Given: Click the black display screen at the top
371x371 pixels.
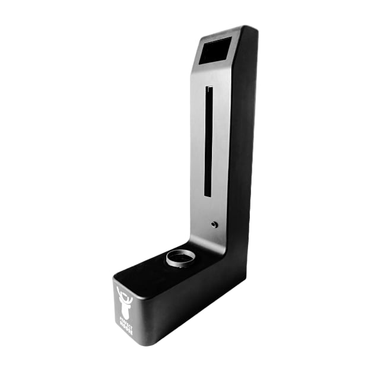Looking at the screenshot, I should pyautogui.click(x=214, y=51).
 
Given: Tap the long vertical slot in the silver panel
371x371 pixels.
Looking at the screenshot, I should pyautogui.click(x=208, y=142).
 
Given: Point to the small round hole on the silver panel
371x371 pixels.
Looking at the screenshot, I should pyautogui.click(x=214, y=225).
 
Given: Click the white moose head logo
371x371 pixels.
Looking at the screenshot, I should pyautogui.click(x=125, y=303).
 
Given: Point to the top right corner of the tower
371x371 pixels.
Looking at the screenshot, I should pyautogui.click(x=255, y=28).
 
